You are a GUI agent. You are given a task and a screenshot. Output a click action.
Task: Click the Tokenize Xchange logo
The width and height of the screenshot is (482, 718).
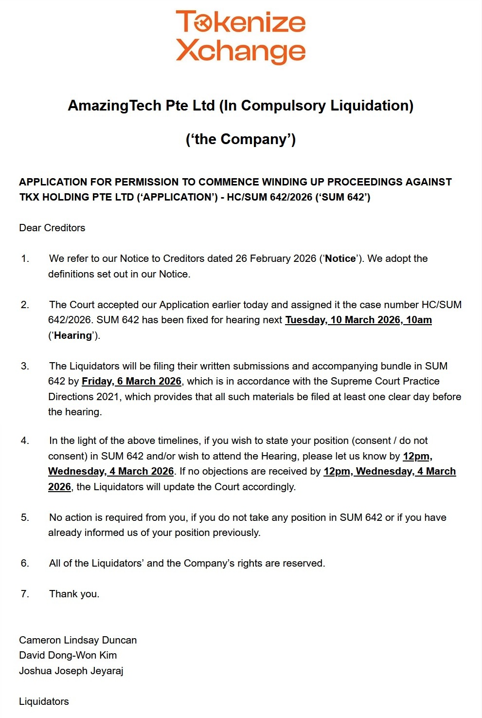(241, 37)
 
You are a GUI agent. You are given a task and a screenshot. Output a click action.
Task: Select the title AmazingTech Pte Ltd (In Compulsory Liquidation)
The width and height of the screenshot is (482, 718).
(241, 106)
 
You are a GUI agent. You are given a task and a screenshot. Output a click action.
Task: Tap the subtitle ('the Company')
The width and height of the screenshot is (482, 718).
(241, 139)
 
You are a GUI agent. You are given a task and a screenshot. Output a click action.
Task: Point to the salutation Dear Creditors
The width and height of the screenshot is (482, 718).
(52, 228)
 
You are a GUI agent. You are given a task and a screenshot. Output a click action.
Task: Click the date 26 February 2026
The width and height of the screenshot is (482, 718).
(276, 258)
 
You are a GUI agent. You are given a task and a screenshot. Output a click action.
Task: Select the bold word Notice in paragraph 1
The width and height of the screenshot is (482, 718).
(340, 258)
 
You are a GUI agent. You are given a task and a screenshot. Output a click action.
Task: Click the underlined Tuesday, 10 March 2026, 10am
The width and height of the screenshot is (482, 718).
(358, 320)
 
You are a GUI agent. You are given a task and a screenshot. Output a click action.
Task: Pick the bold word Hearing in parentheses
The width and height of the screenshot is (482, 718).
(73, 335)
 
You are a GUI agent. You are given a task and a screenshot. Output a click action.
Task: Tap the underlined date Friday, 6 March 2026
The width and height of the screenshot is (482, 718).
(131, 381)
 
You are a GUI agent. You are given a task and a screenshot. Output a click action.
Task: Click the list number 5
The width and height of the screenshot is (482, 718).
(25, 517)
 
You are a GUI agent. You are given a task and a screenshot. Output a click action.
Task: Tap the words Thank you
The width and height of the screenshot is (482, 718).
(74, 594)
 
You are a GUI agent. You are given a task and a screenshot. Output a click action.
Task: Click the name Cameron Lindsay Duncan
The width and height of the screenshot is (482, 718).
(78, 640)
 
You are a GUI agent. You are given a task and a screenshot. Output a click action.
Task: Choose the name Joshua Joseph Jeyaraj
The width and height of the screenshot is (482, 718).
(71, 671)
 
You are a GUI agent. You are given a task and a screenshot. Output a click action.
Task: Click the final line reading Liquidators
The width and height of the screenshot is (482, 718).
(44, 701)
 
